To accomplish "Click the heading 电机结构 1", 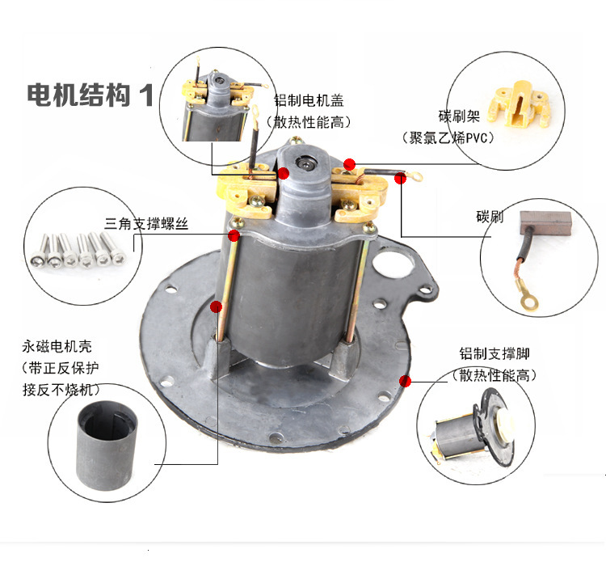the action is click(x=90, y=95).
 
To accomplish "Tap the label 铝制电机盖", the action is click(x=309, y=100).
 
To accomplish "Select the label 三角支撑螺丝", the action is click(x=146, y=223).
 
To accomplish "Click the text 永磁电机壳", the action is click(x=57, y=346).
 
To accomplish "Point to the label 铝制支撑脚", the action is click(x=494, y=353).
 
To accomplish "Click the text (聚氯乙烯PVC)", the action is click(x=448, y=137).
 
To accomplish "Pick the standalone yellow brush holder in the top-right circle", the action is click(x=519, y=104).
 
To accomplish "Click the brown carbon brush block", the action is click(x=545, y=223).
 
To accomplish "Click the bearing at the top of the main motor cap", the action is click(x=305, y=163).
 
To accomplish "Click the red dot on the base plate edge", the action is click(x=405, y=381).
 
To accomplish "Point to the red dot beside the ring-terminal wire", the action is click(x=401, y=178).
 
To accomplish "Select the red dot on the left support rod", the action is click(x=216, y=306).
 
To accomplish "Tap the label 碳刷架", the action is click(x=459, y=116).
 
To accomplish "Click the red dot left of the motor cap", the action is click(x=284, y=173).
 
